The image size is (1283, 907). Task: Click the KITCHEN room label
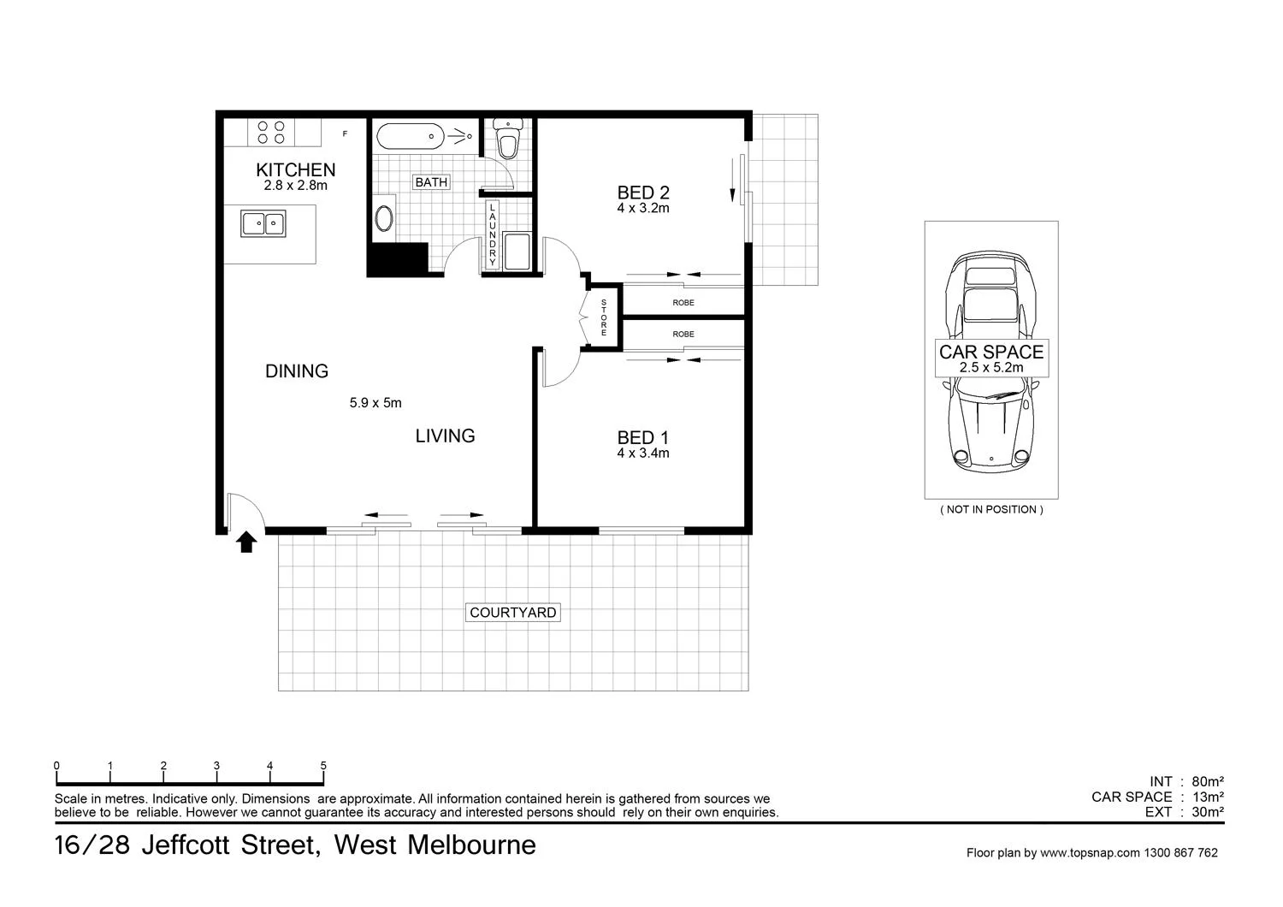(x=295, y=170)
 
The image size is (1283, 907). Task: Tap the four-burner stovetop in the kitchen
(x=271, y=132)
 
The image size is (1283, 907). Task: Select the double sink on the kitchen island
(x=263, y=223)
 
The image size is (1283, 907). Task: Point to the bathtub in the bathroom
(x=411, y=135)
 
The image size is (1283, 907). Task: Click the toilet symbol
(x=508, y=139)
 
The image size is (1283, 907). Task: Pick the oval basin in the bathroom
(x=385, y=218)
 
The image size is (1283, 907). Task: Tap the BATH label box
(x=431, y=182)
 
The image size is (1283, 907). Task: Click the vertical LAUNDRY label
(x=493, y=234)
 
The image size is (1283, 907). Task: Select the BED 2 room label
(x=643, y=193)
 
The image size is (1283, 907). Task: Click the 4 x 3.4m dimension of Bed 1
(x=643, y=453)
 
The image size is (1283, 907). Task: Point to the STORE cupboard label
(x=603, y=317)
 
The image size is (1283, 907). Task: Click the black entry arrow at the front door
(x=246, y=542)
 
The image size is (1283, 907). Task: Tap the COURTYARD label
(x=513, y=613)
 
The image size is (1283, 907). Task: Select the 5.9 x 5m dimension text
(x=375, y=403)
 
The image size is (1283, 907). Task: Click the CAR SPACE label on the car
(x=991, y=353)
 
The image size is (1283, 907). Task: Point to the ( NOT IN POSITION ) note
(x=991, y=510)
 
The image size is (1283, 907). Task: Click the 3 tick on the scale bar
(x=216, y=767)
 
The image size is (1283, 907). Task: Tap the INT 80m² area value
(x=1207, y=782)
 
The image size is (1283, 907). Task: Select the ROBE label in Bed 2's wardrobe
(x=683, y=303)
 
